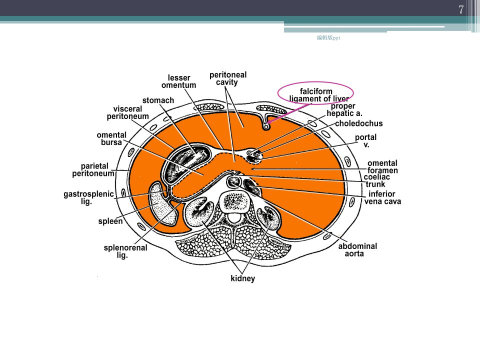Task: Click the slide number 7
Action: pos(461,10)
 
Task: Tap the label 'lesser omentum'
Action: pos(179,81)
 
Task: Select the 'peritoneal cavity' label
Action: pos(228,78)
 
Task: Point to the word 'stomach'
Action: pos(158,100)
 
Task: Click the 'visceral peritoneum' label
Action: pos(127,112)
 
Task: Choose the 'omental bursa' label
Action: pos(111,138)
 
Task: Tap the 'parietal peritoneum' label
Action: pos(93,169)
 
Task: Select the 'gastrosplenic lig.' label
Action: pos(88,197)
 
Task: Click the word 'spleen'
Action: pos(110,221)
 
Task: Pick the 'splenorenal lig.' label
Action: pos(125,251)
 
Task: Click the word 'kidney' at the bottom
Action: pos(243,278)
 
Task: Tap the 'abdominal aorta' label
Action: pos(357,250)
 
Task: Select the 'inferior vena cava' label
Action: pos(382,197)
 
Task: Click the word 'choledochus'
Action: pos(359,123)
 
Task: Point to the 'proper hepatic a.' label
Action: pos(344,109)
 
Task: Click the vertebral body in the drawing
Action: pos(235,201)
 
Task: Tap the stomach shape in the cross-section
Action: pos(186,160)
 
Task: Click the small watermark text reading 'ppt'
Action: pos(336,38)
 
